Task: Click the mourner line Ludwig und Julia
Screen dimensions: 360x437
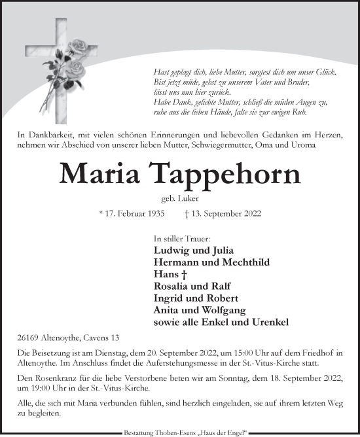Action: pos(184,251)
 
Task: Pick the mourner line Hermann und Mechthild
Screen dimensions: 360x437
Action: pos(202,262)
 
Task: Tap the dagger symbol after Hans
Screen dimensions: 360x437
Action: pos(179,275)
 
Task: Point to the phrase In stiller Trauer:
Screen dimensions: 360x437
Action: pos(178,239)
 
